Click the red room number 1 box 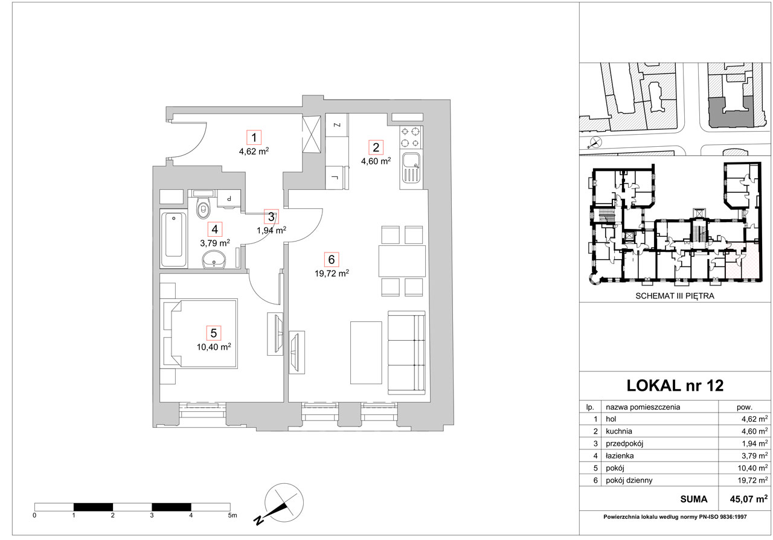tap(254, 138)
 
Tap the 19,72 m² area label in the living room tap(332, 274)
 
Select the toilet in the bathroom tap(202, 208)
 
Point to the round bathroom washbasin tap(214, 259)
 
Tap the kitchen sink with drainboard tap(411, 169)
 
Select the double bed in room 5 tap(200, 333)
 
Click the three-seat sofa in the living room tap(406, 353)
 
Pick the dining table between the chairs tap(402, 261)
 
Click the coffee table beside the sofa tap(366, 353)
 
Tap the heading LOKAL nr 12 tap(675, 385)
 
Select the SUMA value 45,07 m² tap(748, 499)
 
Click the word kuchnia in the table tap(619, 431)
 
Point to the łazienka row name tap(620, 456)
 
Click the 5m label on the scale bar tap(233, 515)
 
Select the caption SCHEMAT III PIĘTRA tap(675, 296)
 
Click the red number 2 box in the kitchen tap(376, 147)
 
